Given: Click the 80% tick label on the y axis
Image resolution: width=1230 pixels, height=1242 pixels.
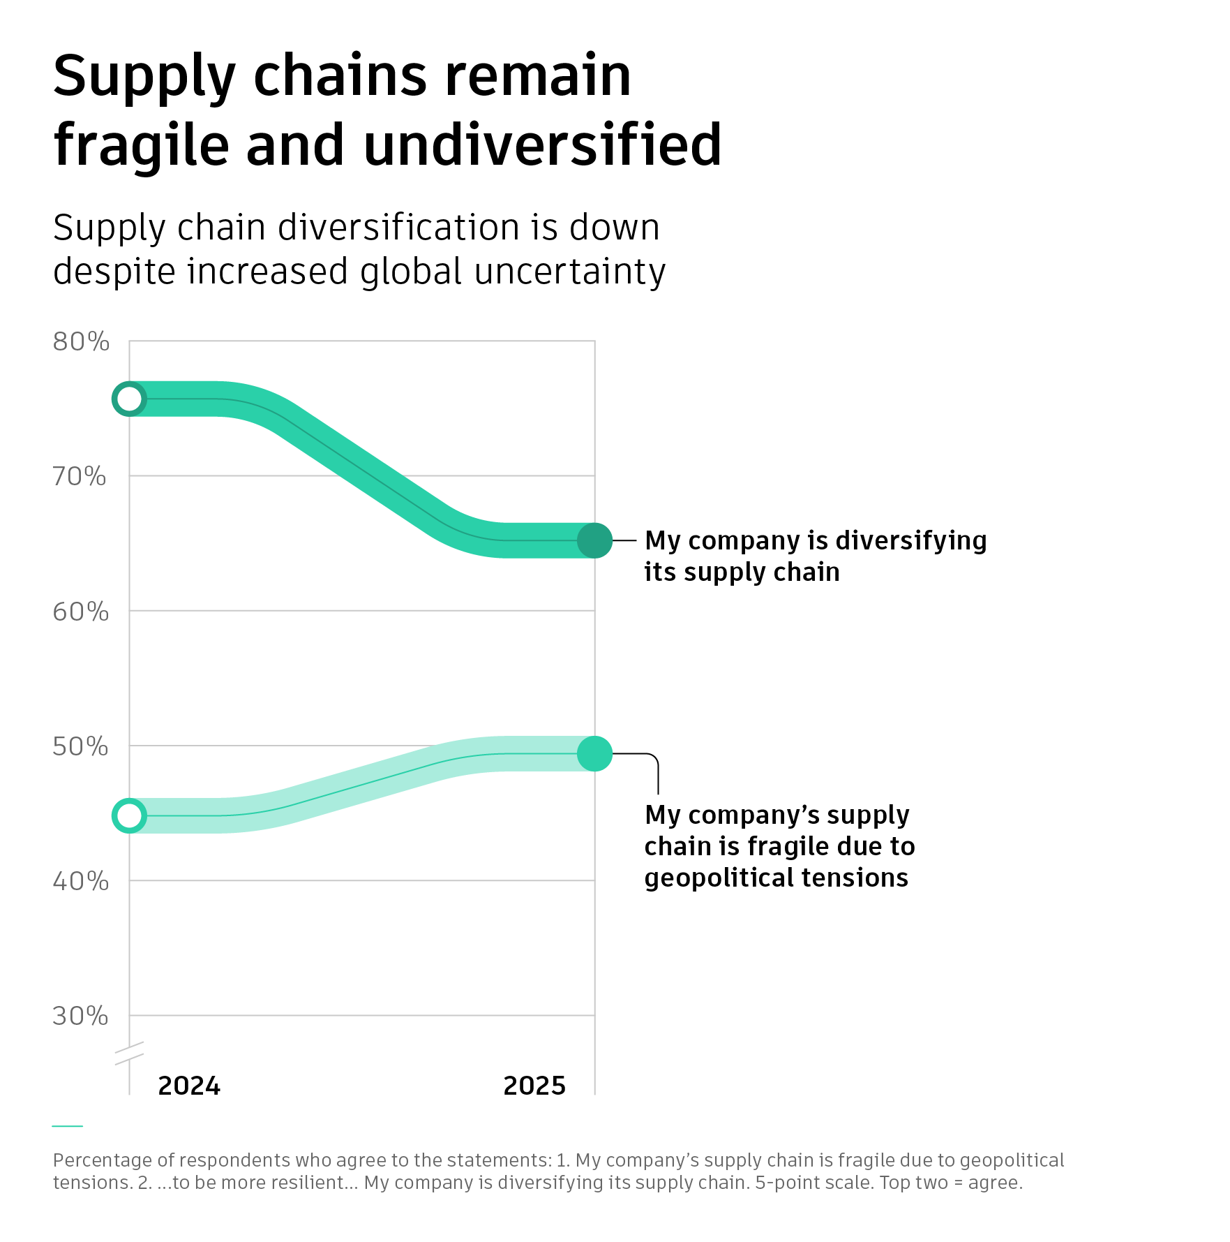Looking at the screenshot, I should click(x=81, y=342).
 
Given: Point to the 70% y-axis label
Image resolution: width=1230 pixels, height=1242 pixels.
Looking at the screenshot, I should click(x=80, y=477).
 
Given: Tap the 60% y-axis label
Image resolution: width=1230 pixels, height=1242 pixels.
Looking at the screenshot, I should click(x=81, y=612).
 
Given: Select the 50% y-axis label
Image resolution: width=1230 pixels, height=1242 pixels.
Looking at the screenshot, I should click(x=80, y=746).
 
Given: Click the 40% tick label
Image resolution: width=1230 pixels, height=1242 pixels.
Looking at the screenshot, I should click(x=81, y=881).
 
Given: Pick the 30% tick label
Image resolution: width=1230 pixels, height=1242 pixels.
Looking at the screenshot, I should click(x=80, y=1016).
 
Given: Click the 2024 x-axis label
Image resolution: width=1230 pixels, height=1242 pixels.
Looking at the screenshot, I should click(x=189, y=1086).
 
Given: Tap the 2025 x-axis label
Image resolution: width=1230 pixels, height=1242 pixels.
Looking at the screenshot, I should click(x=534, y=1086).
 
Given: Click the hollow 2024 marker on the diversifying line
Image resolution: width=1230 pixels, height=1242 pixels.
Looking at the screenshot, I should click(x=130, y=399).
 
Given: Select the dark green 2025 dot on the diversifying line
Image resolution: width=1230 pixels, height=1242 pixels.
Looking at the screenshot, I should click(x=594, y=540).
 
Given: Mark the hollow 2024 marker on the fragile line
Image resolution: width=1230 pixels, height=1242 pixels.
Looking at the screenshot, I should click(x=130, y=815).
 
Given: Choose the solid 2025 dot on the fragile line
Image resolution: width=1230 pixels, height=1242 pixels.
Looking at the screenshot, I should click(x=594, y=754).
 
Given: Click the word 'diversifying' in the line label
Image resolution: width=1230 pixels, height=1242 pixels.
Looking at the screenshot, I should click(x=910, y=541).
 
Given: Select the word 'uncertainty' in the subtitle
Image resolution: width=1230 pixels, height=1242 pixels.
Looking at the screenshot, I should click(x=569, y=272).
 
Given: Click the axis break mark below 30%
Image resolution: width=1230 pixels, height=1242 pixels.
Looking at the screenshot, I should click(x=130, y=1053).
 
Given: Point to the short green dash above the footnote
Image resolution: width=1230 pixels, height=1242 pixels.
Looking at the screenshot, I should click(x=68, y=1125).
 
